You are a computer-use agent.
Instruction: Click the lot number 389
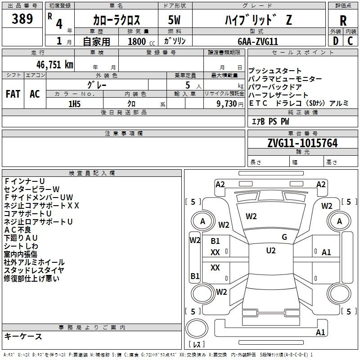pyautogui.click(x=22, y=18)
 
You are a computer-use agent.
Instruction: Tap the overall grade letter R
pyautogui.click(x=343, y=21)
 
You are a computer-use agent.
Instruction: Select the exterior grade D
pyautogui.click(x=336, y=41)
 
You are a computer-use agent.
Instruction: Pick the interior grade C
pyautogui.click(x=350, y=41)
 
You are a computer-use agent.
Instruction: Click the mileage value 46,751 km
pyautogui.click(x=54, y=65)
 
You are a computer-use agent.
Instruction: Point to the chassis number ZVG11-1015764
pyautogui.click(x=302, y=143)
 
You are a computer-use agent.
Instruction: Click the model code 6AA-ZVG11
pyautogui.click(x=258, y=41)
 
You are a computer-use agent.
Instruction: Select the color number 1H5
pyautogui.click(x=74, y=104)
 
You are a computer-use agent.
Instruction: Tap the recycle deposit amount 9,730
pyautogui.click(x=226, y=104)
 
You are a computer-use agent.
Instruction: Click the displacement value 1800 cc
pyautogui.click(x=141, y=42)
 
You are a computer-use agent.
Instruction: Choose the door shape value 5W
pyautogui.click(x=174, y=20)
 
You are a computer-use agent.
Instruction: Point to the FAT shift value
pyautogui.click(x=13, y=94)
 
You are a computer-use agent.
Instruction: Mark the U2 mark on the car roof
pyautogui.click(x=271, y=251)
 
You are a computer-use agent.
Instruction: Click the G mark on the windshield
pyautogui.click(x=284, y=237)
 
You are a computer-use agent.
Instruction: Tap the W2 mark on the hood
pyautogui.click(x=251, y=216)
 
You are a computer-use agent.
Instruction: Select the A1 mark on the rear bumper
pyautogui.click(x=320, y=332)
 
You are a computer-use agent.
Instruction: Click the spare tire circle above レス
pyautogui.click(x=197, y=328)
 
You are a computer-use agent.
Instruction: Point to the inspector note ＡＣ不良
pyautogui.click(x=18, y=230)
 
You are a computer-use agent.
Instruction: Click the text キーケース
pyautogui.click(x=23, y=336)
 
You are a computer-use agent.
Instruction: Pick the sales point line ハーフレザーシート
pyautogui.click(x=278, y=95)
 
